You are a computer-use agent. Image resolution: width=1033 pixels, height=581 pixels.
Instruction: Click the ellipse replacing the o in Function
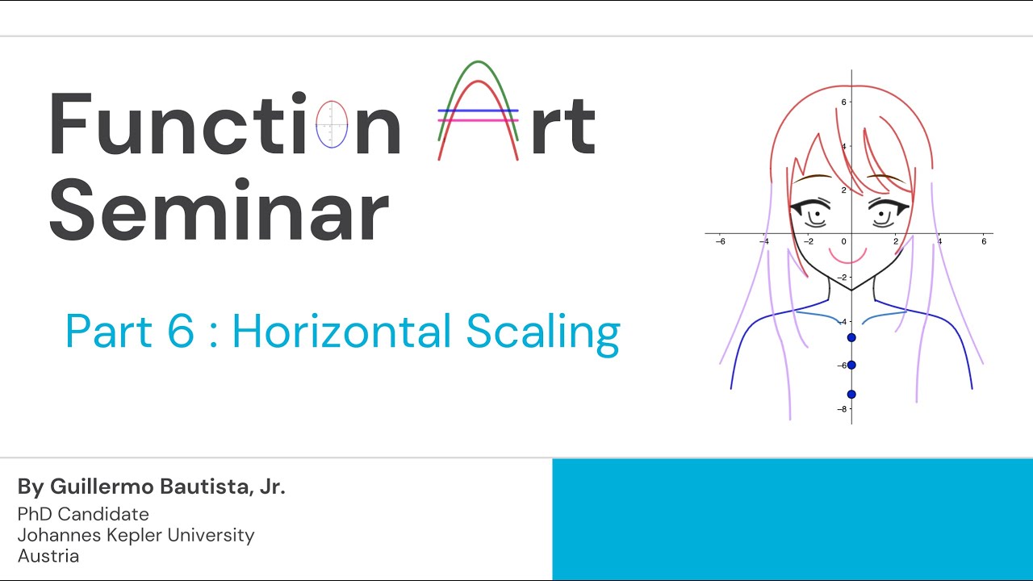(x=332, y=125)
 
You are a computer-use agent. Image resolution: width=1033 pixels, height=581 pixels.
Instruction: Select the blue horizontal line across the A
(x=478, y=110)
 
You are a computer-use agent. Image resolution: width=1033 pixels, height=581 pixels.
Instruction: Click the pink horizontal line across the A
(x=478, y=120)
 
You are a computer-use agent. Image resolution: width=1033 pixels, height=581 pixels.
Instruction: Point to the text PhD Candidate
(x=83, y=514)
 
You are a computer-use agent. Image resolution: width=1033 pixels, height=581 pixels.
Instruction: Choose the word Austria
(x=48, y=556)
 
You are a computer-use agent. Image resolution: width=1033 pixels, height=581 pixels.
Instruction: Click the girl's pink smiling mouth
(x=848, y=257)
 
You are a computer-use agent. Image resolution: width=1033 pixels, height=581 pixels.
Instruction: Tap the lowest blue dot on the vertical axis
(x=851, y=394)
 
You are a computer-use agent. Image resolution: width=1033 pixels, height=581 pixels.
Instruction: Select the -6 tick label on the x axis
(x=720, y=241)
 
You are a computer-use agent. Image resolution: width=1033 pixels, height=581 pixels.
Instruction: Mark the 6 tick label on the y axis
(x=843, y=102)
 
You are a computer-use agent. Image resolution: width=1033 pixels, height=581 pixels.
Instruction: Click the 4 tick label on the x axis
(x=939, y=241)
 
